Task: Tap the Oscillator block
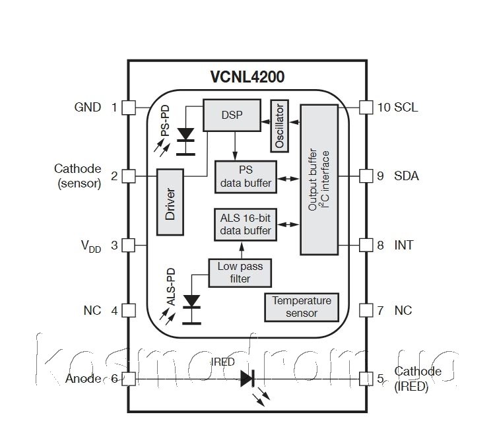(x=279, y=125)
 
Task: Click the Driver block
(x=170, y=202)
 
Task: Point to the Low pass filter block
(x=240, y=273)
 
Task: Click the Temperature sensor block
(x=302, y=307)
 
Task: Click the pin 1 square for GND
(x=129, y=107)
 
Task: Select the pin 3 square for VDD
(x=129, y=245)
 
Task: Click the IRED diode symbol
(x=247, y=378)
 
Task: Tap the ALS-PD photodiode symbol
(x=192, y=300)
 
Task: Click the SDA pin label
(x=407, y=176)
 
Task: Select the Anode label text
(x=83, y=379)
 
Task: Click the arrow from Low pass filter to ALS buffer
(x=243, y=249)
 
